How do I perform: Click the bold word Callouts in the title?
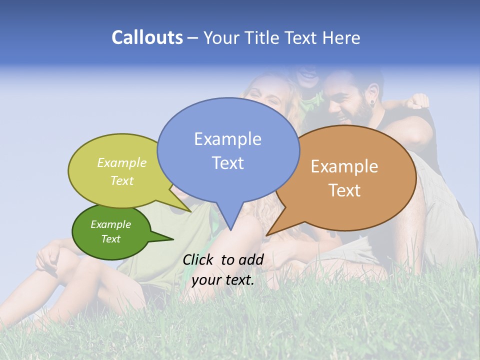147,37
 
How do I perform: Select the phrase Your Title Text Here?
281,37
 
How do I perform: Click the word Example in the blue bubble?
227,138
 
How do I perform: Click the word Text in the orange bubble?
344,190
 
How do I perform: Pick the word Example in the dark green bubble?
110,224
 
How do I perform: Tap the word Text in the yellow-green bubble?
121,180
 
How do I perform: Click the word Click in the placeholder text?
198,259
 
